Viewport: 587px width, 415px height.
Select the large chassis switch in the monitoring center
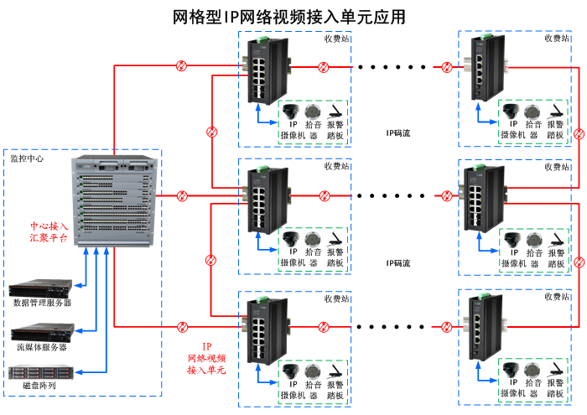(115, 201)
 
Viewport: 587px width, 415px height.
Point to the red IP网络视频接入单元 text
(207, 358)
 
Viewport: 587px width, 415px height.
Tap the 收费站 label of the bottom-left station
(336, 298)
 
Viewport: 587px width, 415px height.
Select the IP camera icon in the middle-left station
(291, 238)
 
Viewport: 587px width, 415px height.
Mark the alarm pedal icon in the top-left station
(334, 112)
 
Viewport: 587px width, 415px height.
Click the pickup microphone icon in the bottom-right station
(532, 372)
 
